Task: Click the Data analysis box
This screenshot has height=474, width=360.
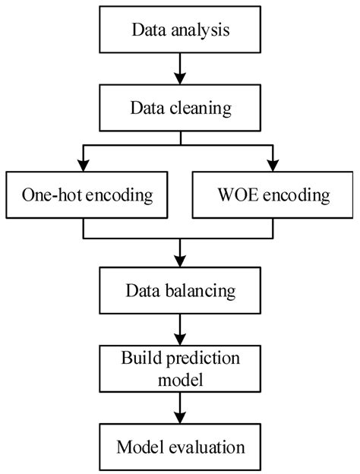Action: (180, 31)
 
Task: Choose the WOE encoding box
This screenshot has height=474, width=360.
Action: (270, 195)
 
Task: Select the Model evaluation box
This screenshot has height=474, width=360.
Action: (180, 445)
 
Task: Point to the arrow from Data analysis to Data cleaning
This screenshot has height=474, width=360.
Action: (180, 69)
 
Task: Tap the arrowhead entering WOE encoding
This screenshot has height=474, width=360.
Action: (270, 166)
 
